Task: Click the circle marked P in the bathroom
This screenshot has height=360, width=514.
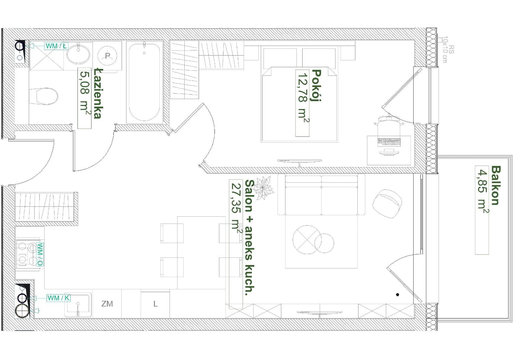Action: point(107,56)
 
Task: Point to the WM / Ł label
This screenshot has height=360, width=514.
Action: point(57,46)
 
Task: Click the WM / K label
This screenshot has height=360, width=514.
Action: point(59,298)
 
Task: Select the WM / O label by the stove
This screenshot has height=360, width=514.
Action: point(40,255)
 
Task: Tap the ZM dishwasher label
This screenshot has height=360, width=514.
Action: point(107,304)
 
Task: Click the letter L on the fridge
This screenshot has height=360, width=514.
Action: point(155,304)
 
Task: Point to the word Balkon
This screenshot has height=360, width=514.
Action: point(495,185)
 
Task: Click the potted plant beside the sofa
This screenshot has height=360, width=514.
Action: point(264,188)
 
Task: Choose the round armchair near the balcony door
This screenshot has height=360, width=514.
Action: point(387,203)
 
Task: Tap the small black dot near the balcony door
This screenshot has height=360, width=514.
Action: point(397,295)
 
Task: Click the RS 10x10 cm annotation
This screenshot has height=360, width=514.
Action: point(448,50)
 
